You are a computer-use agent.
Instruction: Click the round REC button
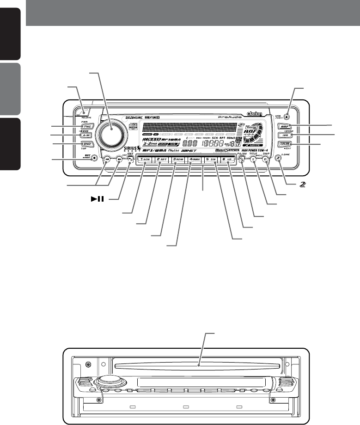click(94, 157)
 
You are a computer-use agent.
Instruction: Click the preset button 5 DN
click(212, 160)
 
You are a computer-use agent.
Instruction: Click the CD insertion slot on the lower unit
click(199, 364)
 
